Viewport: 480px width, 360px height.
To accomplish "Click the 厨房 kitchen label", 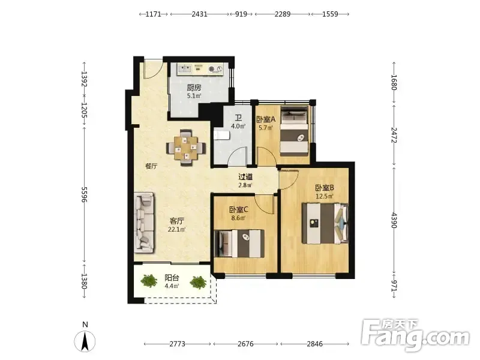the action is [194, 88].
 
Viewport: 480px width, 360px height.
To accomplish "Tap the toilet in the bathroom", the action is [221, 135].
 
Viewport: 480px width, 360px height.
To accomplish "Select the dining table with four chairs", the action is [186, 148].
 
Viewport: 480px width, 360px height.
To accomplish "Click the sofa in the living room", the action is [144, 223].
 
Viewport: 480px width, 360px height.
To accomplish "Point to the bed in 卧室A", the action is [294, 131].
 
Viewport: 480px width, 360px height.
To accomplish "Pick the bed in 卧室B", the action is [325, 223].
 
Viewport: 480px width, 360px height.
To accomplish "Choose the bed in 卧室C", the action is [239, 244].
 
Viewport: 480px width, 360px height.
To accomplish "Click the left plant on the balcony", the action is [149, 281].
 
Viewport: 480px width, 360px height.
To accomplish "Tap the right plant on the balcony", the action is [198, 282].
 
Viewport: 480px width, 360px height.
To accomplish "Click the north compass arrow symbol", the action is [85, 341].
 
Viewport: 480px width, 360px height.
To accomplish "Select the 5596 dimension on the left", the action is [85, 194].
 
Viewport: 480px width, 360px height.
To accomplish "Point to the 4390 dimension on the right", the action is [394, 220].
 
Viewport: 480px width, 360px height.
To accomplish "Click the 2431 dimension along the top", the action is [200, 14].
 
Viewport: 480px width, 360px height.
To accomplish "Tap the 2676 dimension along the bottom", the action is [245, 344].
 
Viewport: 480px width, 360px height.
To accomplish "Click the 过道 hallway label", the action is [245, 176].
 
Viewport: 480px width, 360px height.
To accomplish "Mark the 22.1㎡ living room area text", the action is [177, 229].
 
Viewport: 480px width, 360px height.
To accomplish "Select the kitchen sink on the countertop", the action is [184, 68].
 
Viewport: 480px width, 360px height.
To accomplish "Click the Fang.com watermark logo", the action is [415, 336].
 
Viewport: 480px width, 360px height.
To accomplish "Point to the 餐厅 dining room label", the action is [151, 166].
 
